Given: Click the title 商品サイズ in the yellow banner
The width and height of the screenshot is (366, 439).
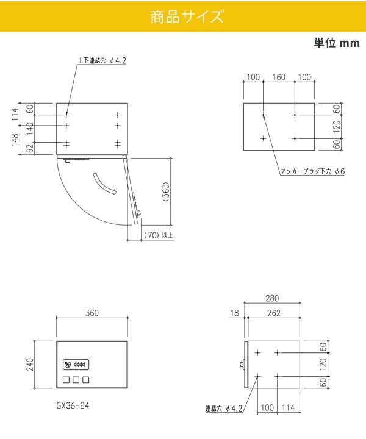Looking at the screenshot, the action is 187,16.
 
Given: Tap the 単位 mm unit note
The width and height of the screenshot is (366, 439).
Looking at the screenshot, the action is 337,43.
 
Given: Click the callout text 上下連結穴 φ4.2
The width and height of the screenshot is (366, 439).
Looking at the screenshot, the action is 102,60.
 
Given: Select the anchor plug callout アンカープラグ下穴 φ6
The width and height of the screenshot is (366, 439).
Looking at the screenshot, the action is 312,171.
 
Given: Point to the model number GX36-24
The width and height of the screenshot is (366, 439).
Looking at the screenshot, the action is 73,405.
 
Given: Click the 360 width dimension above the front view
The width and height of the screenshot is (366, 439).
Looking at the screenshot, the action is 92,313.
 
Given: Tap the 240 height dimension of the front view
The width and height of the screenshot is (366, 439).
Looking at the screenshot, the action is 30,364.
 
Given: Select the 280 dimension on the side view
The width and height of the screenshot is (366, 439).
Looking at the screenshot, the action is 272,298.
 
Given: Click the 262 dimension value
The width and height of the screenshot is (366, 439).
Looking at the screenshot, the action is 274,313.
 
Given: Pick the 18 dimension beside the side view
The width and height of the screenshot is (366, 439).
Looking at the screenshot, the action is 235,313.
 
